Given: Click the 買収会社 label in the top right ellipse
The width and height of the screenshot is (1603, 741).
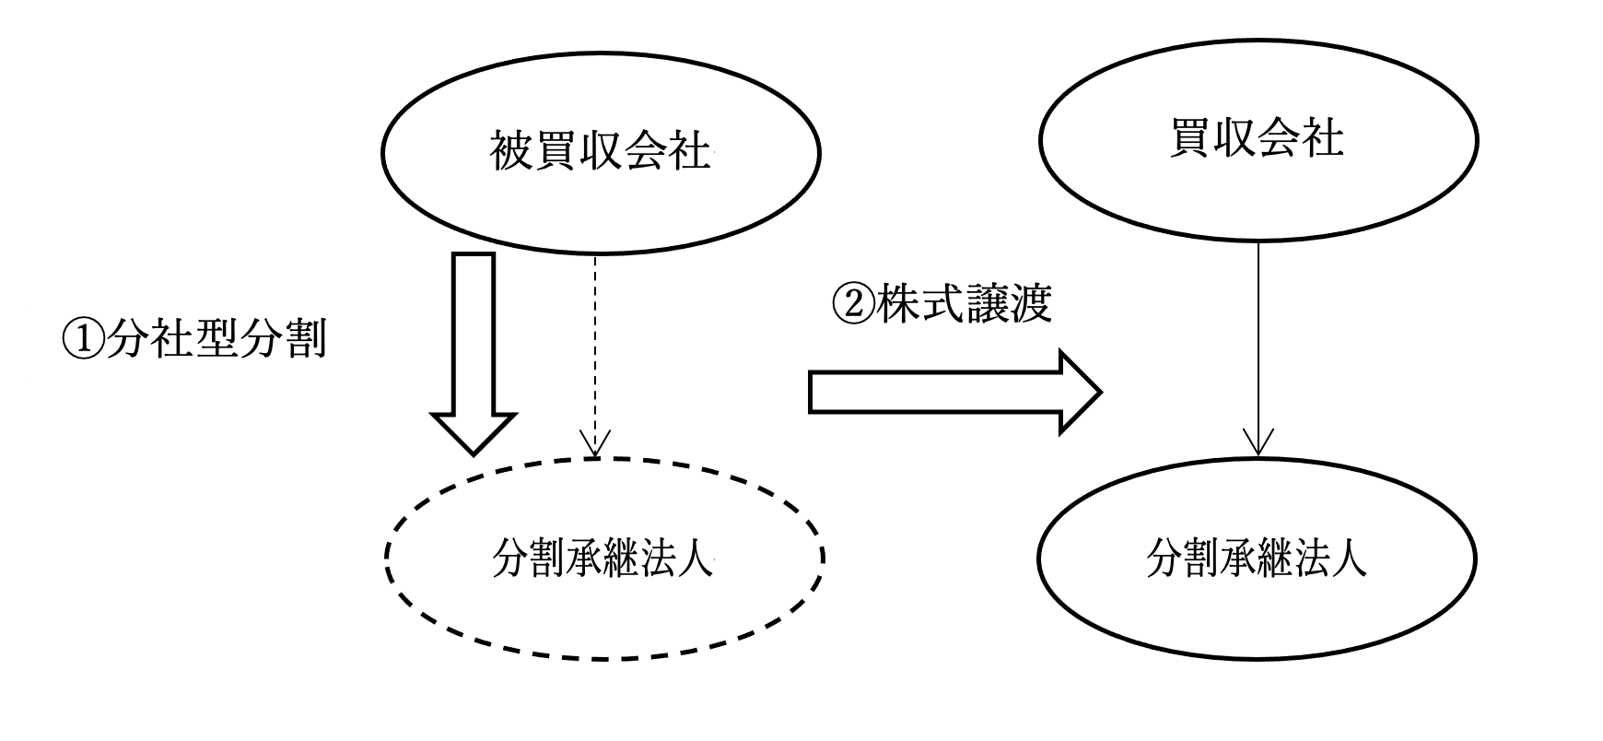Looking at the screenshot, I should point(1258,139).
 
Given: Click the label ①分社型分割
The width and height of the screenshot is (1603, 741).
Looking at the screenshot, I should point(193,340).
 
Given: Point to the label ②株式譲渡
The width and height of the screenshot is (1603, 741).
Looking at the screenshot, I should point(942,305).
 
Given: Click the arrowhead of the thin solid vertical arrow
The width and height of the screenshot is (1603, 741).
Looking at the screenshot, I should point(1258,443).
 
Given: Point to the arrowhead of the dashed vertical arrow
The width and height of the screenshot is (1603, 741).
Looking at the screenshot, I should point(595,447).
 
